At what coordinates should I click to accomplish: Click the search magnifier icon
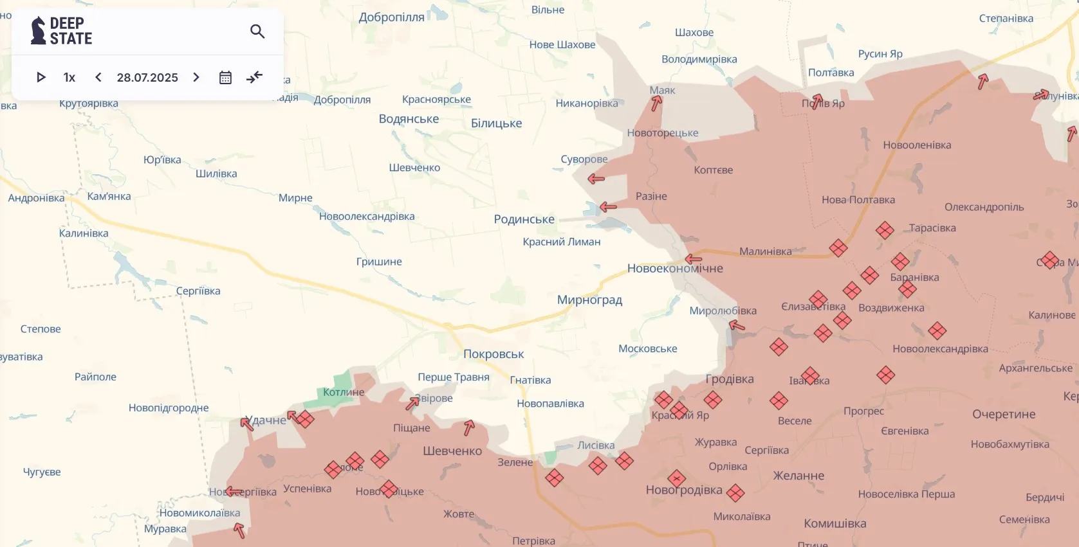(257, 31)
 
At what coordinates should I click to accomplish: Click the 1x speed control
(69, 77)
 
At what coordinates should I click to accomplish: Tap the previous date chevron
(98, 77)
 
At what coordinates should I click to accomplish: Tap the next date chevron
(196, 77)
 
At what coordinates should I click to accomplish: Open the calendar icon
(225, 77)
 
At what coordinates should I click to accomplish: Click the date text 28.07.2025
(147, 77)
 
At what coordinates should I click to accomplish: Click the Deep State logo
(62, 31)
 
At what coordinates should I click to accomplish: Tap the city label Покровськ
(493, 354)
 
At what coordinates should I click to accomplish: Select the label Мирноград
(589, 300)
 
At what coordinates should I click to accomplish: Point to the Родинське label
(524, 219)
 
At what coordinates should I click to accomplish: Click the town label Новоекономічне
(675, 269)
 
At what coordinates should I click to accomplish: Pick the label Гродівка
(730, 379)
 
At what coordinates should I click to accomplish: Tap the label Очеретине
(1004, 415)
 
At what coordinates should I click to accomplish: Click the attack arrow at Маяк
(656, 103)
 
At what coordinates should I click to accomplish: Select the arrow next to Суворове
(596, 179)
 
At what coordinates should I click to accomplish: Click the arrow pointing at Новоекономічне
(693, 259)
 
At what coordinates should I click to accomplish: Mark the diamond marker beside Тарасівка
(885, 230)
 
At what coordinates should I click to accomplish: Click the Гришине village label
(379, 262)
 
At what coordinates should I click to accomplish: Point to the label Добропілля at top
(391, 17)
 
